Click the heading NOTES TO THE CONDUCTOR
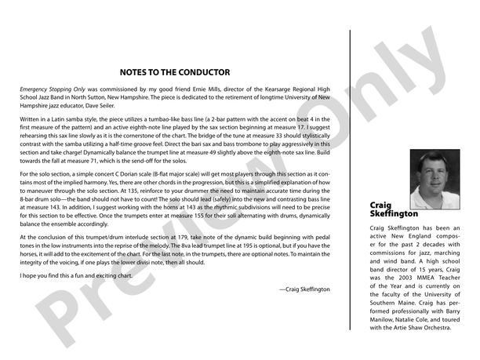(175, 72)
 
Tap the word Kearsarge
(275, 90)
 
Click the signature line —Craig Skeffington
(304, 289)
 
